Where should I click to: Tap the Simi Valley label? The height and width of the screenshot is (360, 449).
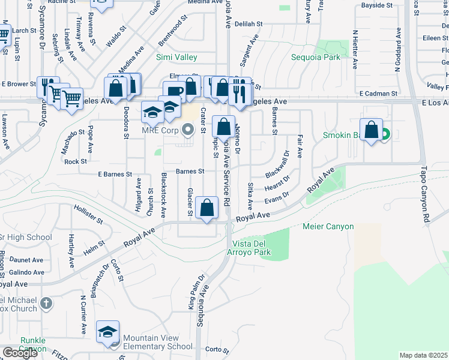click(176, 58)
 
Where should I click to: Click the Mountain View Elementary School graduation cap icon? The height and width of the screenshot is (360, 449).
click(108, 332)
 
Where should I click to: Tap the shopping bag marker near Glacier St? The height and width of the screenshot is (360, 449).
click(207, 208)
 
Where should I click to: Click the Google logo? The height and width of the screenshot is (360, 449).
click(19, 352)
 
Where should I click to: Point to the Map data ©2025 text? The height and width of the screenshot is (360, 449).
click(423, 355)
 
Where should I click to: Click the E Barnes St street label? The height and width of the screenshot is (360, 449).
click(115, 174)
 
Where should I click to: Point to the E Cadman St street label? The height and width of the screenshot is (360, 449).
click(378, 94)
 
